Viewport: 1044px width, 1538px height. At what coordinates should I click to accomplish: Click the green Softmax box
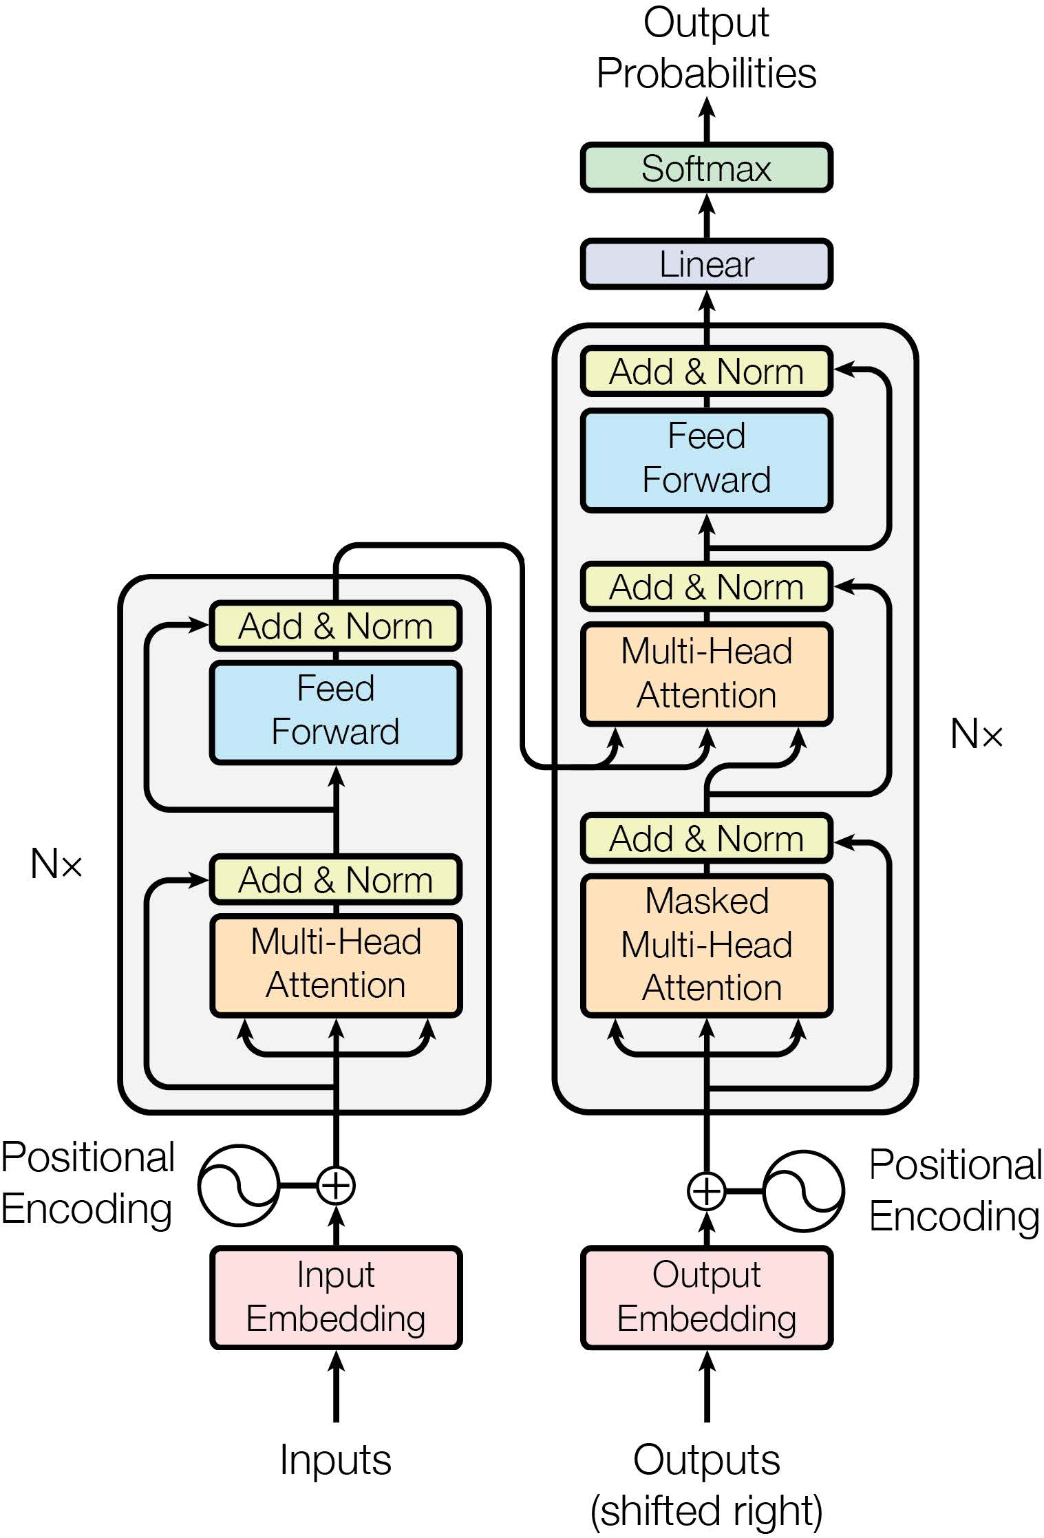(x=706, y=168)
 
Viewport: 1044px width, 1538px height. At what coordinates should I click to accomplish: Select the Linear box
(x=706, y=264)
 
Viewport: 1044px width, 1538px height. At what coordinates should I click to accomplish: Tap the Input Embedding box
(x=336, y=1296)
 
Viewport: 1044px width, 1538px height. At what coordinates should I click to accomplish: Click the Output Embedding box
(x=706, y=1296)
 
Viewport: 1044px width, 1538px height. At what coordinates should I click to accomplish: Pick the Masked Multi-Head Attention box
(x=706, y=945)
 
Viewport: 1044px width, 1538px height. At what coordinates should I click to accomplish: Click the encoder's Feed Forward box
(x=336, y=712)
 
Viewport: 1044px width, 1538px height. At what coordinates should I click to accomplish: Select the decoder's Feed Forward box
(x=706, y=459)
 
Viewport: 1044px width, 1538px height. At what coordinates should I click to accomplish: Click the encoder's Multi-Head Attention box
(x=336, y=964)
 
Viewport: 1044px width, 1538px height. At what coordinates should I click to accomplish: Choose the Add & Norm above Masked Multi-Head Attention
(x=706, y=839)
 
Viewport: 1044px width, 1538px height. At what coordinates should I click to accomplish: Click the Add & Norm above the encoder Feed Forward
(x=336, y=626)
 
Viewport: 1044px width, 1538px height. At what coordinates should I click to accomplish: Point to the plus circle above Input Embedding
(x=336, y=1185)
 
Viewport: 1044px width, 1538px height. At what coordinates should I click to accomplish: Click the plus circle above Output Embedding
(x=707, y=1190)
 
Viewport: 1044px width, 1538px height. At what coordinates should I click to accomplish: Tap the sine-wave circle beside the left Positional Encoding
(x=239, y=1185)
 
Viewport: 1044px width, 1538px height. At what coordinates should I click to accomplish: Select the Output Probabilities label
(x=706, y=48)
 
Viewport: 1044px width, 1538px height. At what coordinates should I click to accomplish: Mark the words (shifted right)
(x=706, y=1510)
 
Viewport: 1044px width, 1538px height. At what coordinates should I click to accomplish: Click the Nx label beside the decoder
(x=976, y=734)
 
